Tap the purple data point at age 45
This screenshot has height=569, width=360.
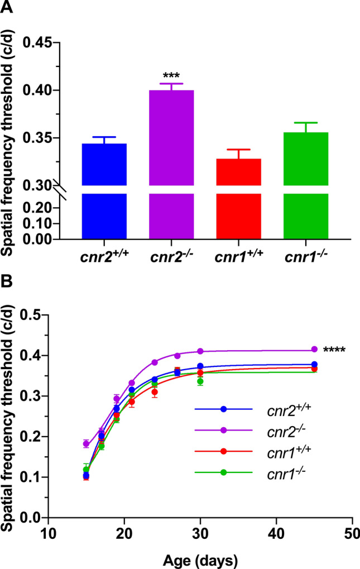click(x=314, y=349)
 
